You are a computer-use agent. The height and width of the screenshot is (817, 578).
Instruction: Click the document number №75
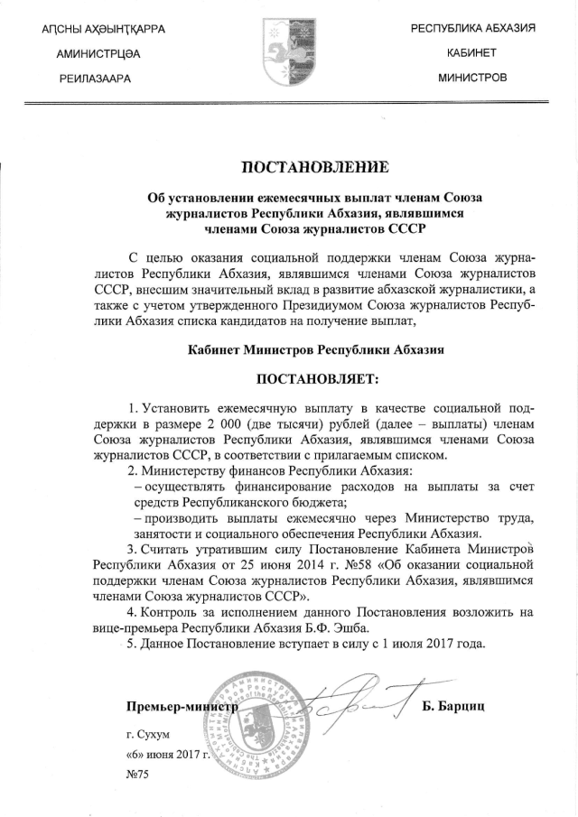click(x=137, y=775)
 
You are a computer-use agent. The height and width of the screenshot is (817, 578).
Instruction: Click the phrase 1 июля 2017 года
click(x=415, y=645)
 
